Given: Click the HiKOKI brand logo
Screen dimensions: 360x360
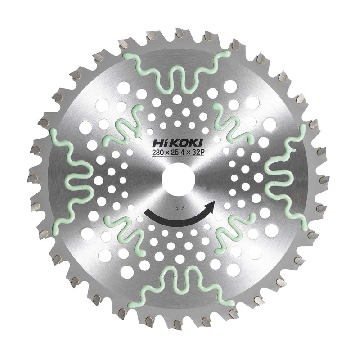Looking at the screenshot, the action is click(177, 144).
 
